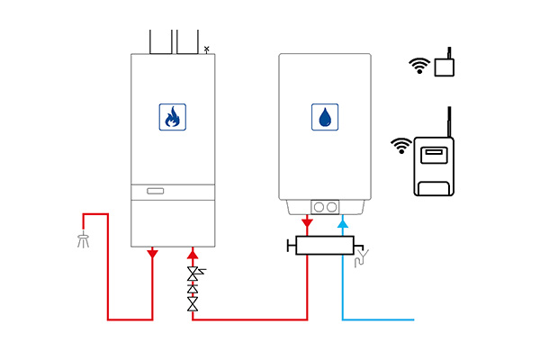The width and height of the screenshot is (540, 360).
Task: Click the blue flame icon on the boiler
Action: click(x=172, y=116)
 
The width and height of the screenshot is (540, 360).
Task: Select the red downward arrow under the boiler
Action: click(x=152, y=253)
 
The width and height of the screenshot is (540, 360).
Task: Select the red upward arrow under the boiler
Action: click(x=193, y=253)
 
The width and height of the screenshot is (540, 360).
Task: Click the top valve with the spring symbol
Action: click(x=193, y=272)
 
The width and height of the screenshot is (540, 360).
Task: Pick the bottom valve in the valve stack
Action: click(x=193, y=305)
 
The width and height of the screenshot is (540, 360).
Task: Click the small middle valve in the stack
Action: click(x=193, y=289)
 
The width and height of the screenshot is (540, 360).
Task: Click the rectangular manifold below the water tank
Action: click(x=324, y=246)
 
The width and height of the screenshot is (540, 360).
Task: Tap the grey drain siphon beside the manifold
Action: click(x=362, y=260)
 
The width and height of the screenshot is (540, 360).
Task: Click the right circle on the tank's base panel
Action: click(x=332, y=206)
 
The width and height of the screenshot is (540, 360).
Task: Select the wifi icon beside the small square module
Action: click(x=418, y=65)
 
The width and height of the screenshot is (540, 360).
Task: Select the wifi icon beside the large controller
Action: click(x=400, y=145)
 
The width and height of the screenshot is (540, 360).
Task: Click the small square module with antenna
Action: click(x=443, y=67)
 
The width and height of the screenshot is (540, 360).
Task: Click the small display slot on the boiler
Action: click(x=156, y=191)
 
